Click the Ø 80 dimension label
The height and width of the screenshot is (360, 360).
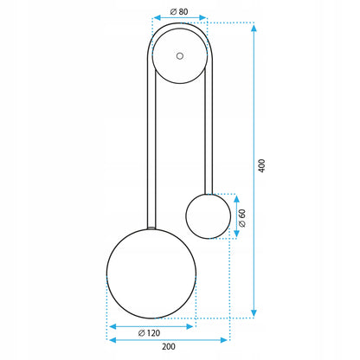(x=179, y=12)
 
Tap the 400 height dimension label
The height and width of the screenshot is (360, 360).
(x=261, y=165)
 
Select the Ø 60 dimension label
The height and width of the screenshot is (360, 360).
(x=242, y=218)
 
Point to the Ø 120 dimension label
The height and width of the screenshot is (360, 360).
(x=149, y=333)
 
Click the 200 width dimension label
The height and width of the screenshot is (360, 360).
(x=169, y=346)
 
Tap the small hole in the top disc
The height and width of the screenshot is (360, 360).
(x=180, y=56)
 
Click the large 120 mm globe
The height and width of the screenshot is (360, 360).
(x=151, y=273)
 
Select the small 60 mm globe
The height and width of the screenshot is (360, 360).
(x=209, y=216)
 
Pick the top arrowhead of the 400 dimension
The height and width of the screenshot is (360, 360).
(x=254, y=28)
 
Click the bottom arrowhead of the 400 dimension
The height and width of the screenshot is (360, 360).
(x=254, y=313)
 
